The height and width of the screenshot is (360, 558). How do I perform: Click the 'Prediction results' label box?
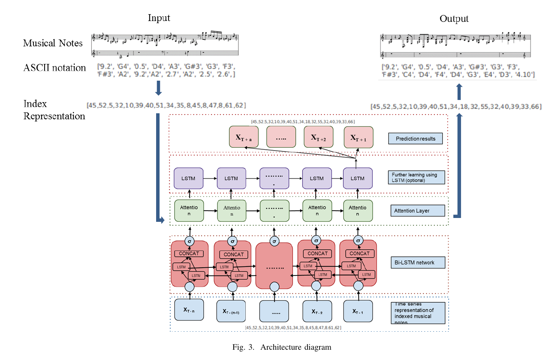click(415, 139)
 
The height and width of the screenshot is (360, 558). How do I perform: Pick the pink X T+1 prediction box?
click(358, 137)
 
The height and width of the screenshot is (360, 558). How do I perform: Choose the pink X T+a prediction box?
click(244, 137)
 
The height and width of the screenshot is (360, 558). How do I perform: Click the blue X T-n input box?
click(189, 310)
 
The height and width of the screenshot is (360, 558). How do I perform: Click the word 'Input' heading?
click(159, 18)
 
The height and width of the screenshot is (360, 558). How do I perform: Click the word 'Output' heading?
click(454, 19)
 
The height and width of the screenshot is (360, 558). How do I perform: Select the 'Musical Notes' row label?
click(53, 43)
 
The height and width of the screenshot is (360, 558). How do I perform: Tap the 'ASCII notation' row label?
click(54, 68)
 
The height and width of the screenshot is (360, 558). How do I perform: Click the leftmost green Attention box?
click(189, 210)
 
